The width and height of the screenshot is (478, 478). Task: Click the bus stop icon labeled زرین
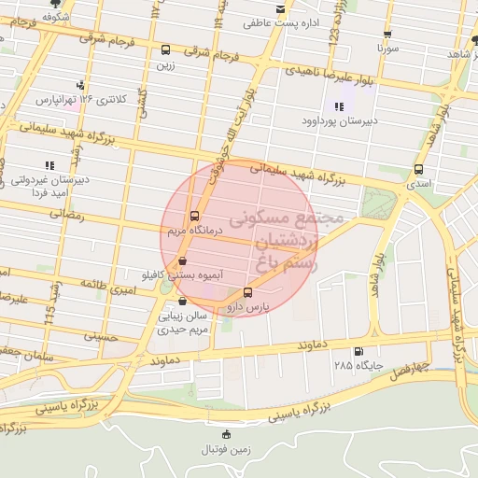click(165, 50)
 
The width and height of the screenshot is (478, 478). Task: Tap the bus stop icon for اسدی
click(416, 170)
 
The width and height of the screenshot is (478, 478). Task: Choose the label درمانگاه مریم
click(190, 228)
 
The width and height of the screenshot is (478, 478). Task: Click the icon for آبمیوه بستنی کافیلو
click(182, 260)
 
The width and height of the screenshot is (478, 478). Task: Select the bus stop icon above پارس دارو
click(246, 292)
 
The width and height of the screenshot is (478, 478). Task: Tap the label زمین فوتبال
click(226, 449)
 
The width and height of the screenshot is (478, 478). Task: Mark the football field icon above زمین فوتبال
click(226, 434)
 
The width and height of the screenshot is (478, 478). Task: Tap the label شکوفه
click(57, 17)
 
